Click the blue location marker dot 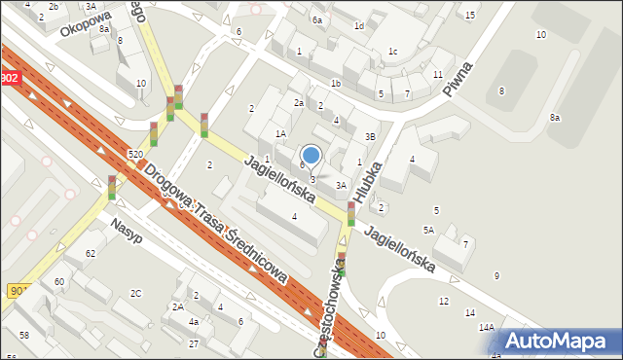(311, 155)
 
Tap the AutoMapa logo (561, 340)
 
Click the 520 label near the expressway (135, 155)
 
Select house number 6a (316, 19)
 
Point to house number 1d (358, 26)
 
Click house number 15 (470, 15)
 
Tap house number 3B (370, 137)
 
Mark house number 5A (428, 230)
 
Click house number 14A (487, 328)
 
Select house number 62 (91, 253)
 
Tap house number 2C (136, 293)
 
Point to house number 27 (194, 343)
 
